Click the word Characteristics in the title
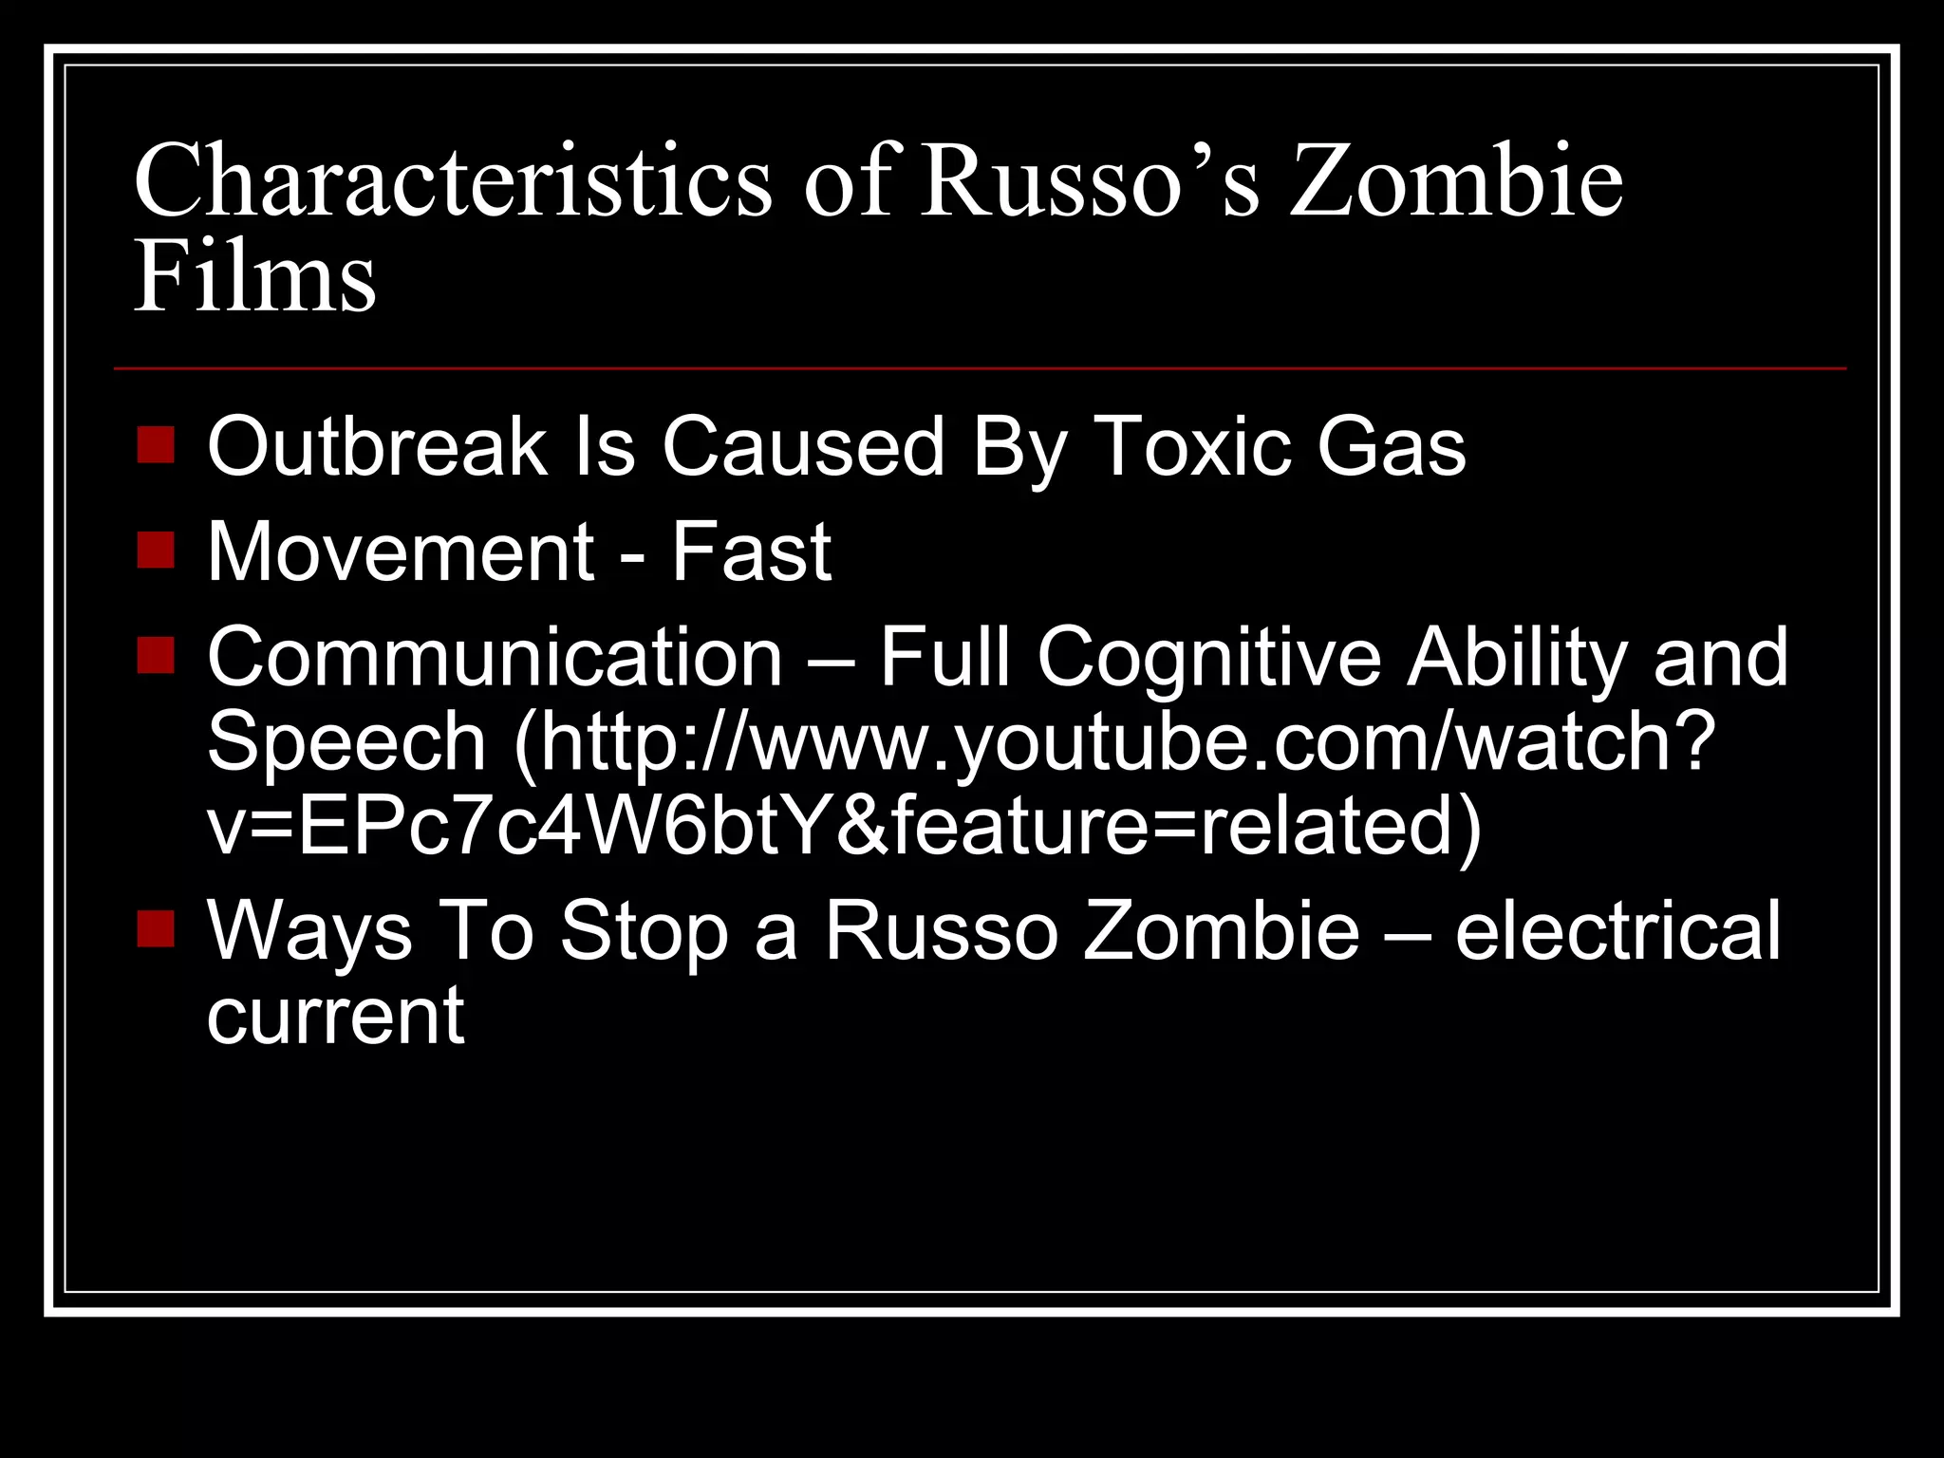(453, 180)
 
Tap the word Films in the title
(254, 277)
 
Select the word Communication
(495, 657)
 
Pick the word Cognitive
(1208, 657)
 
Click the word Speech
(346, 741)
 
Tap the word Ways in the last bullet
(309, 932)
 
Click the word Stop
(644, 932)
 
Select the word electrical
(1617, 932)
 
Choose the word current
(335, 1017)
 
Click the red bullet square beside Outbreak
(156, 444)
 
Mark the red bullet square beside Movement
(156, 550)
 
